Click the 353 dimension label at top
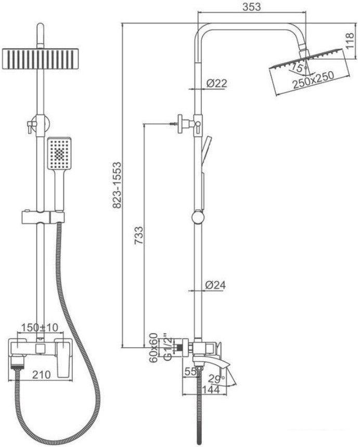[252, 7]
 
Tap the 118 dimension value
[350, 41]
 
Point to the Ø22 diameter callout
[216, 83]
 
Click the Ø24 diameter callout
[215, 284]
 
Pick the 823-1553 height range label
[117, 186]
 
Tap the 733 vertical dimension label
[139, 235]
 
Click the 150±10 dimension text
[40, 327]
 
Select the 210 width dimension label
[42, 375]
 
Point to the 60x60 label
[154, 347]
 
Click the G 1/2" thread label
[168, 348]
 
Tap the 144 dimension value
[211, 389]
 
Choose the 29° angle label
[216, 379]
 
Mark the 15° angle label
[297, 68]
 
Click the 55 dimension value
[190, 371]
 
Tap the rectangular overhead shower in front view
[40, 59]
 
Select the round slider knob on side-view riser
[198, 217]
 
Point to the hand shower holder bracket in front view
[43, 217]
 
